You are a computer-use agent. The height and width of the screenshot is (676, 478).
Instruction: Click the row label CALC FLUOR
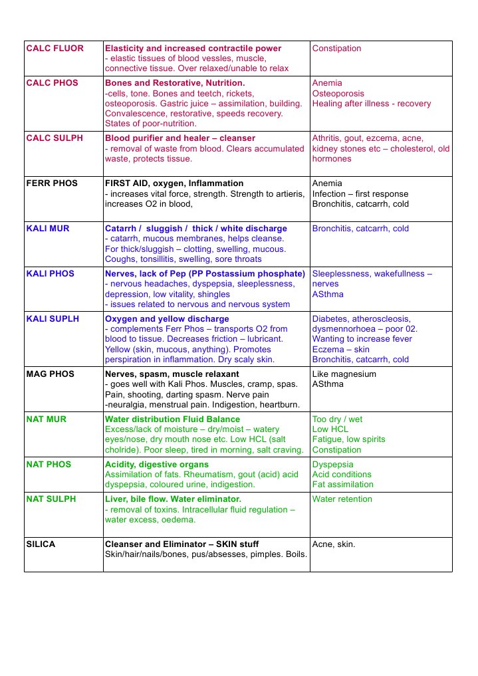pos(55,49)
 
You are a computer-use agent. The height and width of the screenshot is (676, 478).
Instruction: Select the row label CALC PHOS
pos(52,83)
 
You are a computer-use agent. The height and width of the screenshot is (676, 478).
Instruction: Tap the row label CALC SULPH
pos(55,138)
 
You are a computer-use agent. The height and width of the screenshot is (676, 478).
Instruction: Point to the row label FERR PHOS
pos(52,183)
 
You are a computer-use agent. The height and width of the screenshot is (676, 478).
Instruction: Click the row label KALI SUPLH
pos(53,319)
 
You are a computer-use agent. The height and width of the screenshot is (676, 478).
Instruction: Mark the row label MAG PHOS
pos(51,374)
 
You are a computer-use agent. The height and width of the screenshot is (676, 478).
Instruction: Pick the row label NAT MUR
pos(46,419)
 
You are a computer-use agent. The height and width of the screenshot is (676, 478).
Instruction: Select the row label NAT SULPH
pos(51,499)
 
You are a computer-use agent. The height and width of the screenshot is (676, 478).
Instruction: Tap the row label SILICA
pos(41,544)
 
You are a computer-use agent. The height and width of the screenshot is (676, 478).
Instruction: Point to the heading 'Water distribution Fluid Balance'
pos(172,419)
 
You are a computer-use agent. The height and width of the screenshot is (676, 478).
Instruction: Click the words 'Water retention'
pos(342,499)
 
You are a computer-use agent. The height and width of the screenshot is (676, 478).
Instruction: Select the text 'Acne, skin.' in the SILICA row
pos(334,544)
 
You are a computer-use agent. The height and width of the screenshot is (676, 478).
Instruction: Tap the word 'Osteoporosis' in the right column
pos(338,94)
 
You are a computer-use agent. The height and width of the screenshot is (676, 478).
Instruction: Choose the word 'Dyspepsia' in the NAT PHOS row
pos(333,465)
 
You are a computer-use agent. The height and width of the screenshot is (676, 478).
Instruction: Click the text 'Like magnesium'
pos(344,374)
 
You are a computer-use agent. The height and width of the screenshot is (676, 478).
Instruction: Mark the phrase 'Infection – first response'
pos(360,194)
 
